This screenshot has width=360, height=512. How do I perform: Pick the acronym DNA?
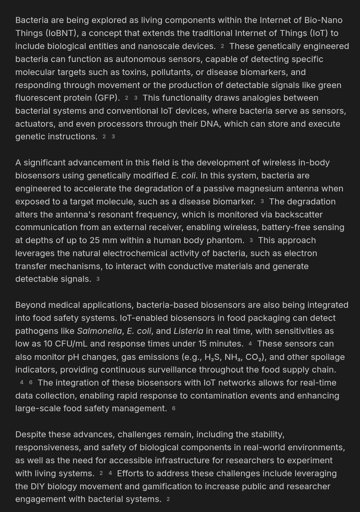tap(209, 124)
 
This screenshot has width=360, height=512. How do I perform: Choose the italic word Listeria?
tap(188, 331)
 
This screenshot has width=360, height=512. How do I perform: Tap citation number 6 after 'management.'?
tap(174, 409)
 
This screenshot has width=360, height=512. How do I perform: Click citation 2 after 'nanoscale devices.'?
tap(222, 46)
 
